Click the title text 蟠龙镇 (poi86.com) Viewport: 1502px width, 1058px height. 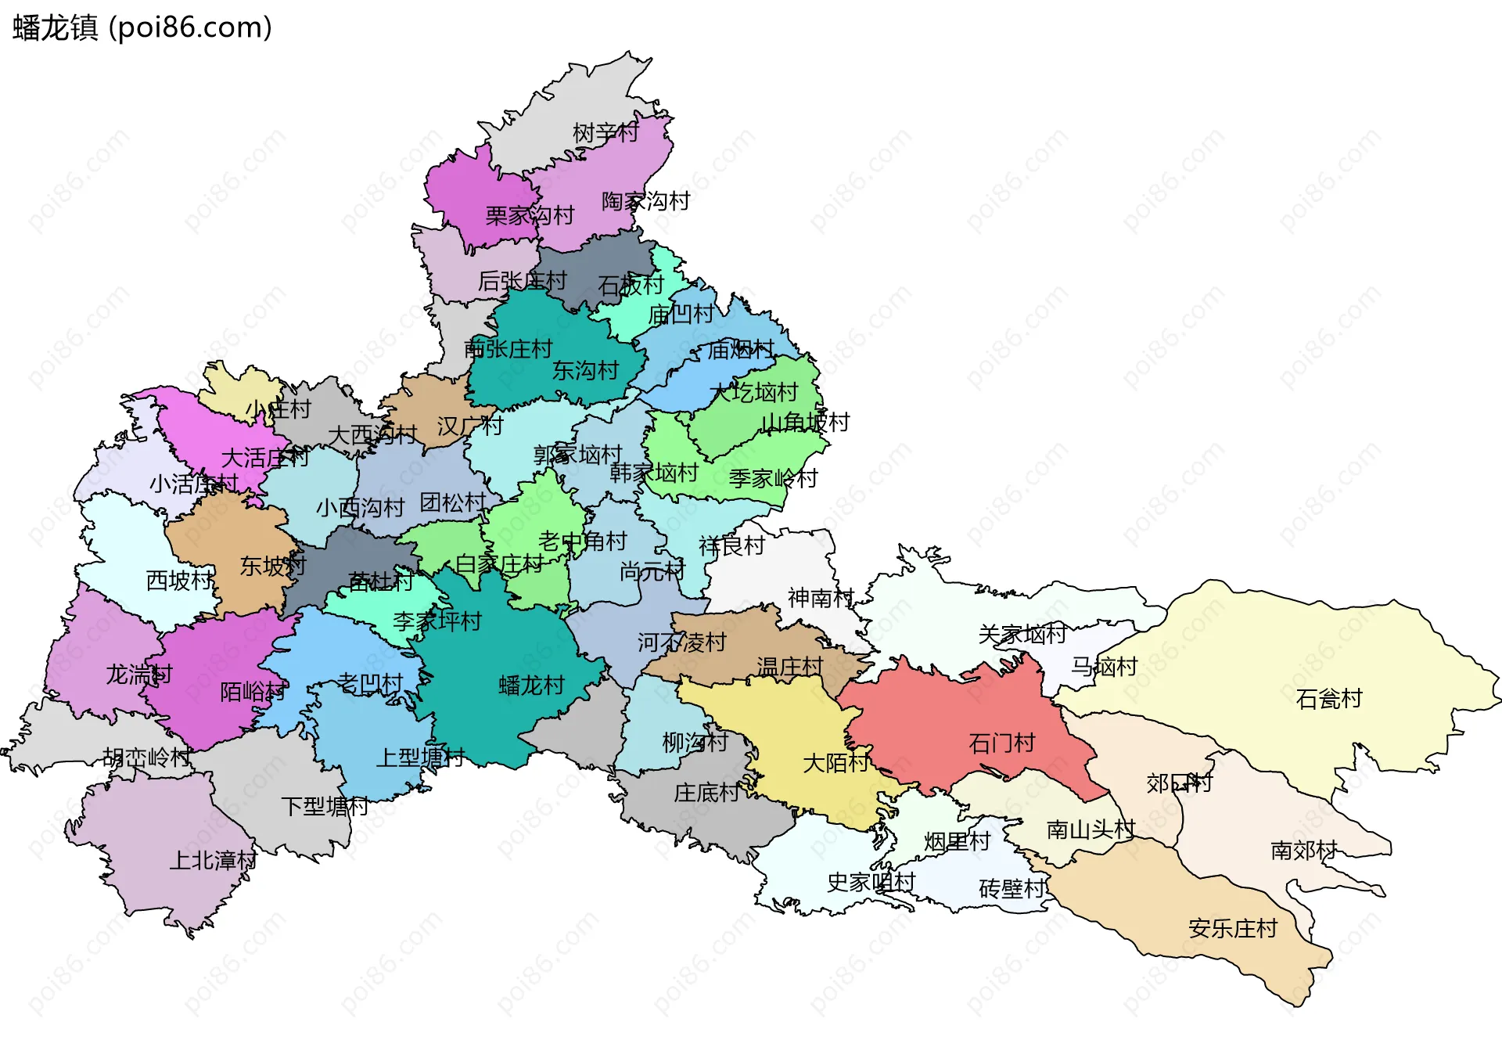point(142,27)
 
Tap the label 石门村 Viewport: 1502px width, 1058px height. point(1001,743)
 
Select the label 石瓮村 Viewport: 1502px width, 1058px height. point(1328,698)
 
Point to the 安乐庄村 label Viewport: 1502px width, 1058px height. point(1232,928)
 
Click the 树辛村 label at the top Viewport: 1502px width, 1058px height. point(605,132)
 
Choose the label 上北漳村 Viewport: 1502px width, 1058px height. point(213,860)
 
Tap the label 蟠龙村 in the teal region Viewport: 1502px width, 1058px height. point(531,686)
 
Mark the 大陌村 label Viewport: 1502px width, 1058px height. point(835,762)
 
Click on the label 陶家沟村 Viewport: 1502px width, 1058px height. point(645,201)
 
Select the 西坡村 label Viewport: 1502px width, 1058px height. point(179,580)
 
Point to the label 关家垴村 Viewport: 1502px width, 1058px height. point(1022,634)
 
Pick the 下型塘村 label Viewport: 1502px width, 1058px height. point(324,806)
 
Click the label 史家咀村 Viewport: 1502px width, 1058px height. point(871,882)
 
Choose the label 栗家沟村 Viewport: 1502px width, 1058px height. point(530,215)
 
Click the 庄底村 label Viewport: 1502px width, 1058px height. point(706,793)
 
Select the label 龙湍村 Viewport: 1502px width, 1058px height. point(138,674)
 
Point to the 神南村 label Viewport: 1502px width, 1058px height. point(820,598)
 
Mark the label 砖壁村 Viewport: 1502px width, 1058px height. point(1012,888)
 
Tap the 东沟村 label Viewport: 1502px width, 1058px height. point(585,370)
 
